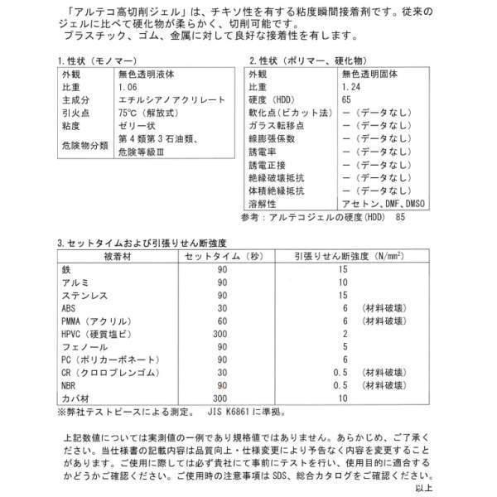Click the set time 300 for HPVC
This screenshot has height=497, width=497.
pyautogui.click(x=219, y=333)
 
